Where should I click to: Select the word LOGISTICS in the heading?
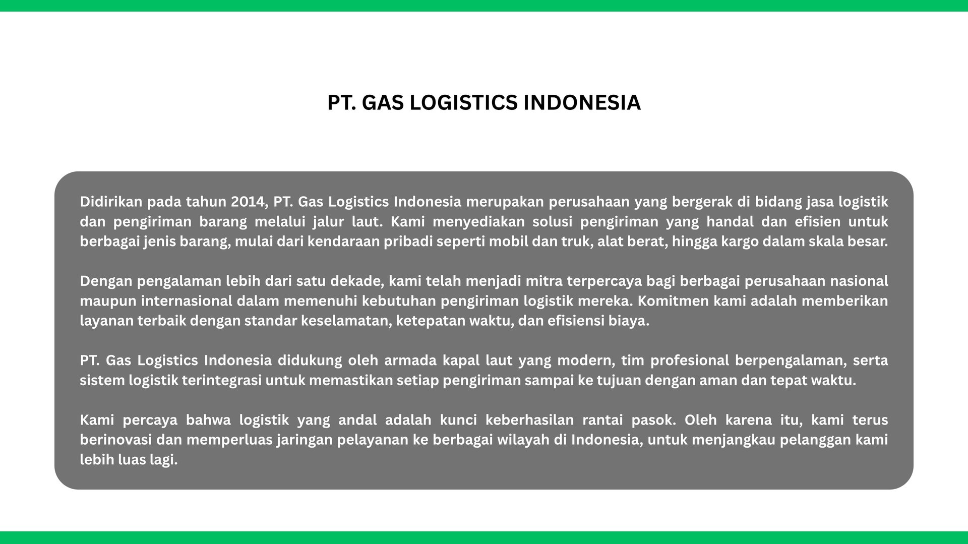point(463,102)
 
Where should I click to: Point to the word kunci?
point(458,420)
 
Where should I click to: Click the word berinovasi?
point(116,440)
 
